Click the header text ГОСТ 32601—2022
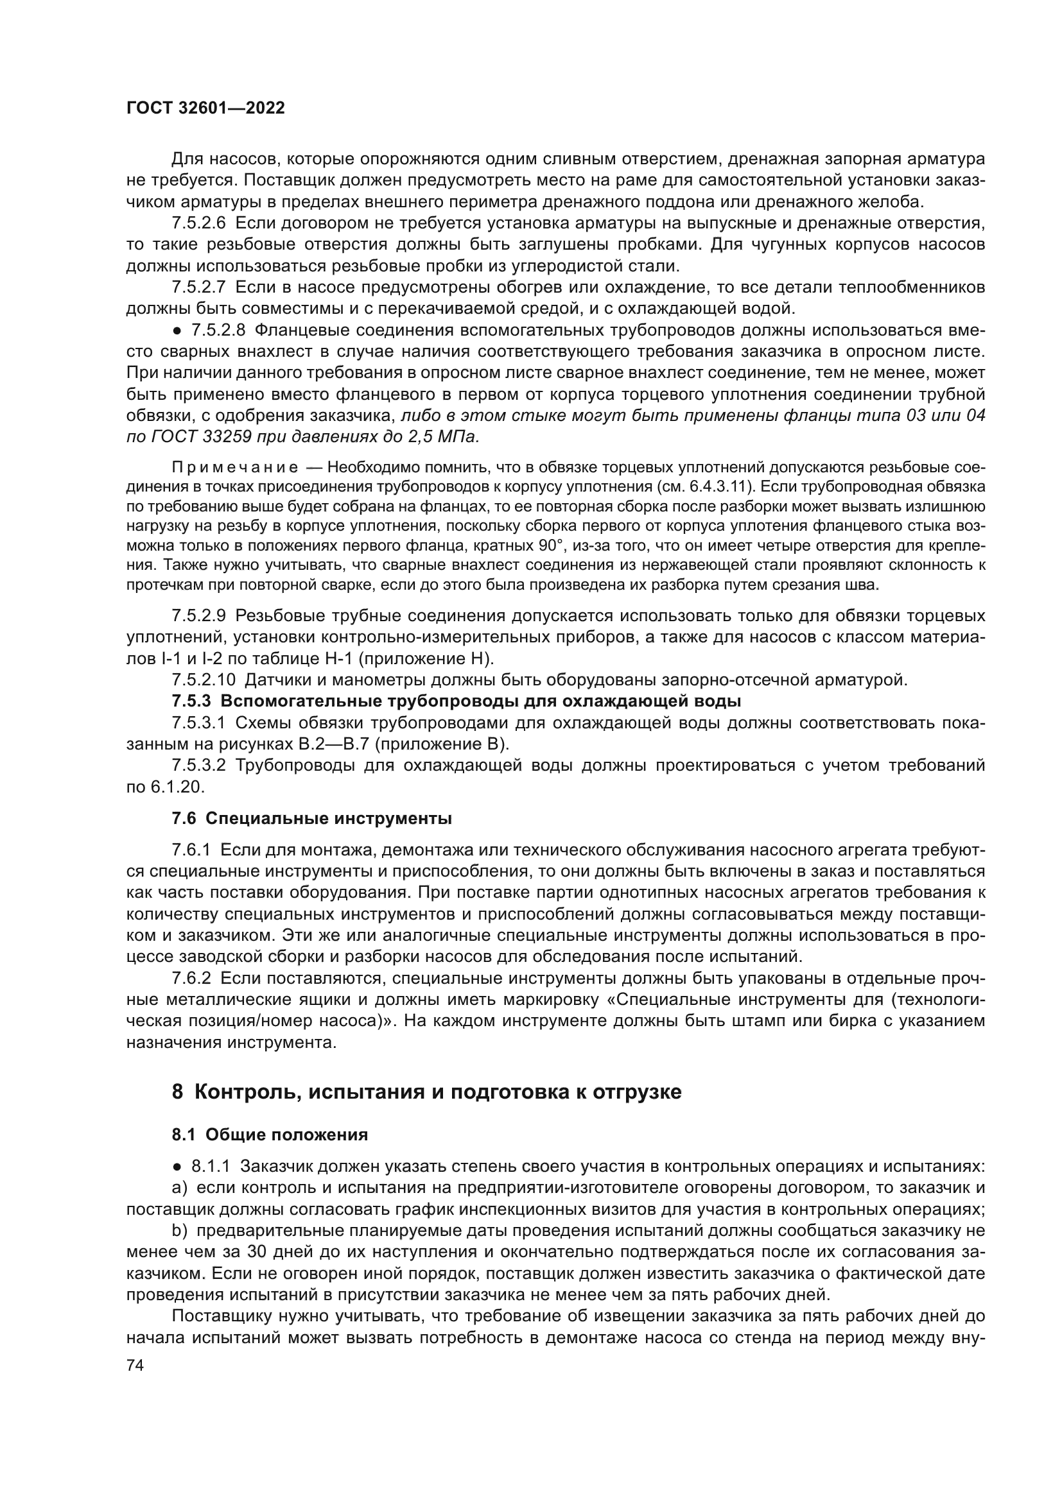(205, 108)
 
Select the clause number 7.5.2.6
(199, 223)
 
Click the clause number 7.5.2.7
(199, 287)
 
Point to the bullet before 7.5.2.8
(178, 330)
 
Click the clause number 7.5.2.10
(204, 680)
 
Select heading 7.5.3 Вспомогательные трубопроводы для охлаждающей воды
(457, 701)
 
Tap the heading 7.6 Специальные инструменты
(312, 818)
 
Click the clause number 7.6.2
(191, 979)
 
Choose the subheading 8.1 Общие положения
(270, 1135)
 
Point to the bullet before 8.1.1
(178, 1167)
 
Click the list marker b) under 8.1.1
(179, 1231)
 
